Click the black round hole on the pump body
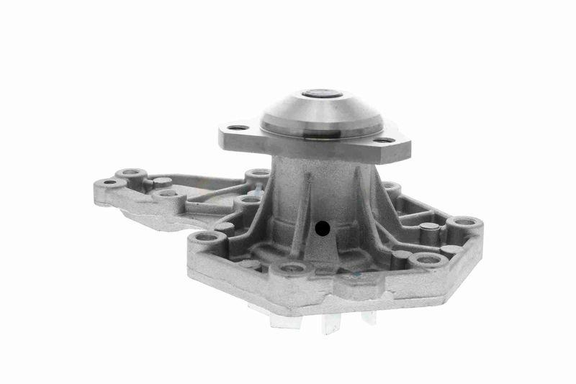[x=322, y=229]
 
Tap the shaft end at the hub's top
[x=321, y=93]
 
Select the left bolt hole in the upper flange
[x=238, y=128]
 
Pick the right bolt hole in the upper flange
[x=384, y=140]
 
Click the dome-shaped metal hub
[x=322, y=114]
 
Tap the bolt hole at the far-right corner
[x=465, y=221]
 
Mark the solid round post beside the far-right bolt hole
[x=429, y=228]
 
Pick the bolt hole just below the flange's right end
[x=391, y=188]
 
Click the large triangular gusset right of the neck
[x=377, y=209]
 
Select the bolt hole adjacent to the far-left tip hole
[x=131, y=173]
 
